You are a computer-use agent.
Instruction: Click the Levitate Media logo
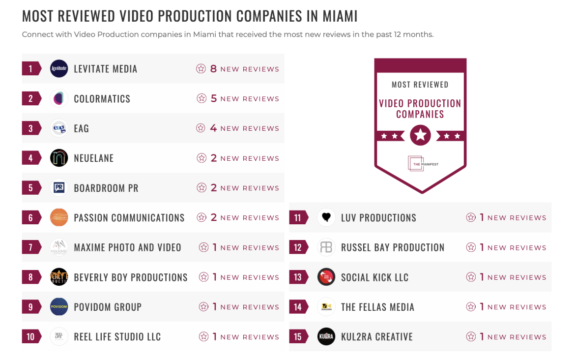point(59,69)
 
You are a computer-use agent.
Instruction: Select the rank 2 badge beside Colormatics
point(31,98)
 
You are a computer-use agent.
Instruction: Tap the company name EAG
point(82,128)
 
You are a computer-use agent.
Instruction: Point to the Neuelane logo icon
point(59,158)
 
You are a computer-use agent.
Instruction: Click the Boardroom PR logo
point(59,188)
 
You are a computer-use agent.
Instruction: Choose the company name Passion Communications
point(129,217)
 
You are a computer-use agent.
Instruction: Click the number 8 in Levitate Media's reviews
point(213,69)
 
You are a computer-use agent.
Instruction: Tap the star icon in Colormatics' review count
point(201,98)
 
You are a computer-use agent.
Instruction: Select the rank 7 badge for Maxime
point(31,247)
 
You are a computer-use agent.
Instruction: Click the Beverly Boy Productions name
point(131,277)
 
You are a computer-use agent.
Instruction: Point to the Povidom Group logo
point(59,307)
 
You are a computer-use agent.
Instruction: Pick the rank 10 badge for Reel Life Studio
point(31,337)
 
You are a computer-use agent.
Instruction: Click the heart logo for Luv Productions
point(326,217)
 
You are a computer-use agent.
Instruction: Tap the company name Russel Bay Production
point(393,247)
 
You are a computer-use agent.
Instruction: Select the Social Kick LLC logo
point(326,277)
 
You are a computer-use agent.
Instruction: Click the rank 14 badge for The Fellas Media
point(298,307)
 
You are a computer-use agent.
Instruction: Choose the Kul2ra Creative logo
point(326,337)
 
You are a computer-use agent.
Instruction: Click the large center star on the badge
point(420,135)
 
